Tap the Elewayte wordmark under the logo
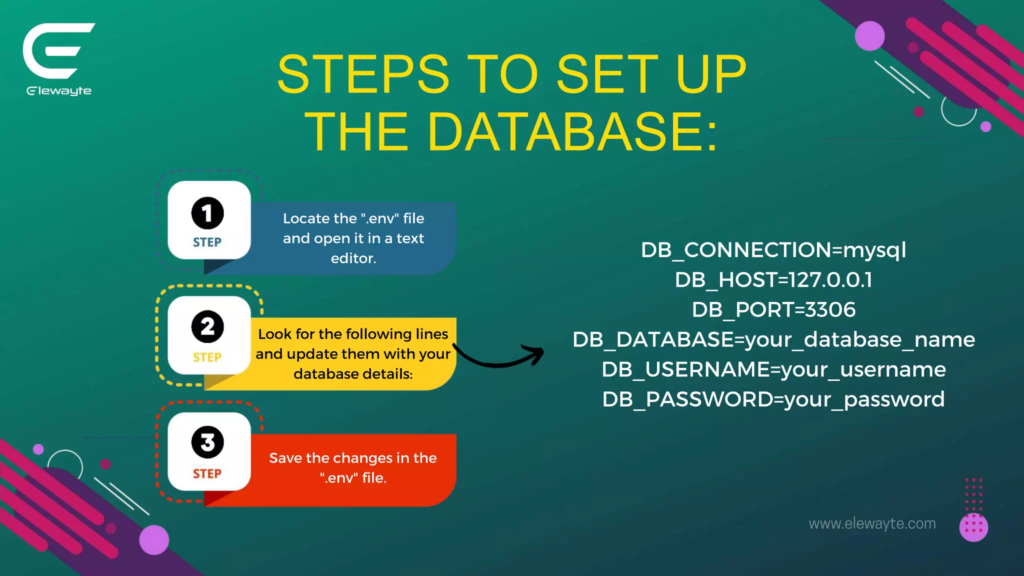59,91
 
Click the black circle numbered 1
207,213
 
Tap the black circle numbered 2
207,327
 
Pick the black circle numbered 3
207,442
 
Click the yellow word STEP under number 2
207,357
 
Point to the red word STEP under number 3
207,473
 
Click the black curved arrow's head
536,353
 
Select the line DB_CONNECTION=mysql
773,250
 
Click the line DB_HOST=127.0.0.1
773,280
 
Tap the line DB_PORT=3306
773,310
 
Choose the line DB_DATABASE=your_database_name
773,340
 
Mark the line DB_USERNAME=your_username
773,370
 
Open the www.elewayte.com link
872,523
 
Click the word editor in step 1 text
353,258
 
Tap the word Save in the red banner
285,458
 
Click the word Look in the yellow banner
274,334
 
